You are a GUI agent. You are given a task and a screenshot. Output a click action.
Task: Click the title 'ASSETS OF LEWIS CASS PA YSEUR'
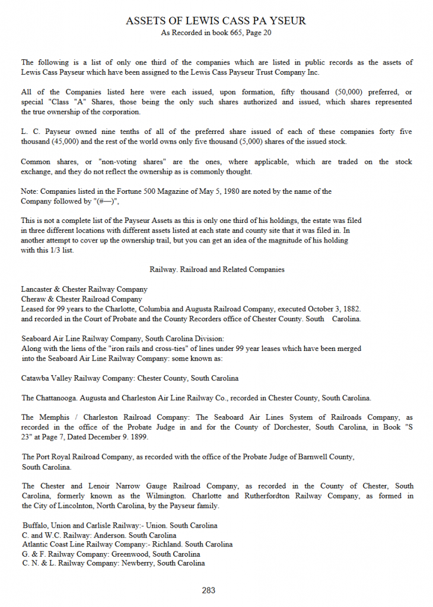pyautogui.click(x=216, y=21)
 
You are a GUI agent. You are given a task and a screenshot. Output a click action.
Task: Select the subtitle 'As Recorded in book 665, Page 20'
pyautogui.click(x=216, y=33)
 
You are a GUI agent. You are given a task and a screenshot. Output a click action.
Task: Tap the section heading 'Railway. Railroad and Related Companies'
pyautogui.click(x=217, y=269)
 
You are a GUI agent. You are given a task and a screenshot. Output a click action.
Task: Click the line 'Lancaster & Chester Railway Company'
pyautogui.click(x=84, y=289)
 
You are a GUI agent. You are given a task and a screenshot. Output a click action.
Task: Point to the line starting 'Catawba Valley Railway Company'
pyautogui.click(x=130, y=378)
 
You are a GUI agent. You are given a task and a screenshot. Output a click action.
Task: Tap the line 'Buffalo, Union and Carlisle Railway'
pyautogui.click(x=120, y=525)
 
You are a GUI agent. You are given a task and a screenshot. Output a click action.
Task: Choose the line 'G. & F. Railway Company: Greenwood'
pyautogui.click(x=111, y=554)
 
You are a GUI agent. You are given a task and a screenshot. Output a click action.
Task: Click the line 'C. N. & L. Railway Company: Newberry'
pyautogui.click(x=113, y=563)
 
